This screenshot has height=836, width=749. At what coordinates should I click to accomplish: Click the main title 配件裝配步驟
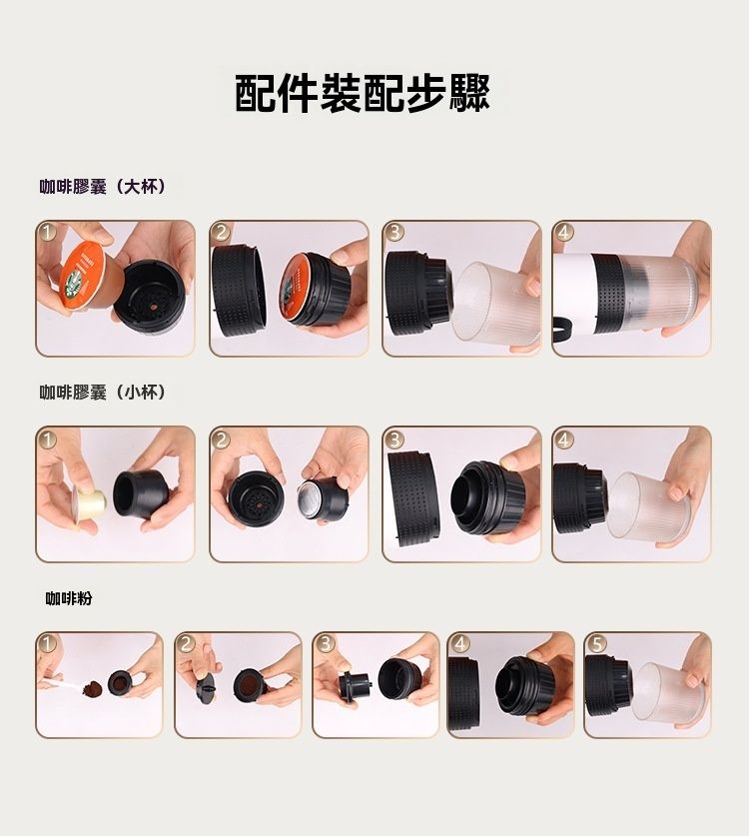coord(363,94)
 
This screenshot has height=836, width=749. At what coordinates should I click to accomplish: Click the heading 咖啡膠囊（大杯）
coord(103,187)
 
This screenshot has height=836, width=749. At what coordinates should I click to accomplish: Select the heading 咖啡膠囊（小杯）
coord(103,393)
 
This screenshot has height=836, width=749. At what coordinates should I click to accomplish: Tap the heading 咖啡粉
coord(69,598)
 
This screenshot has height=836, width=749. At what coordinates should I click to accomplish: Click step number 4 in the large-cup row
coord(563,232)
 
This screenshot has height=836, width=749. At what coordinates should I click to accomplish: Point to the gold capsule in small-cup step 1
coord(90,501)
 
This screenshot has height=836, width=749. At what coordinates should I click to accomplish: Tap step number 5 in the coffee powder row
coord(596,643)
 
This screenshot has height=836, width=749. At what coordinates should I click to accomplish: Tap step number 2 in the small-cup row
coord(220,438)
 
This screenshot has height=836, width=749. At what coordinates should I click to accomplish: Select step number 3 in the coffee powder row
coord(325,643)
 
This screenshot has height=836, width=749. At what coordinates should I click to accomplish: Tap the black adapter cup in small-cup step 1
coord(137,493)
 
